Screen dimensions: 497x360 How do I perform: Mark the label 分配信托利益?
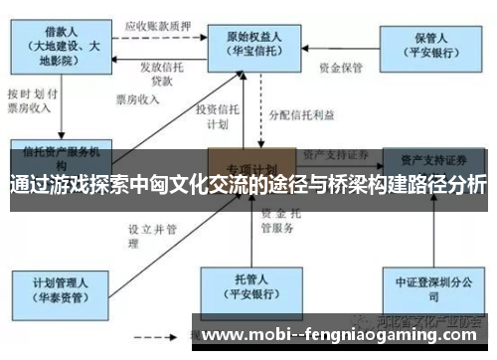[297, 115]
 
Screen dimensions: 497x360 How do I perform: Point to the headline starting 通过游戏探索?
[248, 186]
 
